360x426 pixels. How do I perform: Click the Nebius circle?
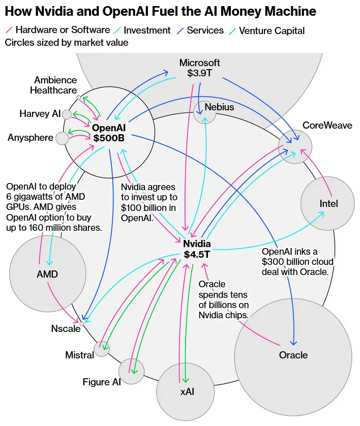204,113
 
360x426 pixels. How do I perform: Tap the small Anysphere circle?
62,138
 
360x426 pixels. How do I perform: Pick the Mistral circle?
101,349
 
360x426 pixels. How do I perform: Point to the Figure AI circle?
132,371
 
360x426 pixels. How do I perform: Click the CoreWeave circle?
296,146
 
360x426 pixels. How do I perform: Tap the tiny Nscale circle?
82,323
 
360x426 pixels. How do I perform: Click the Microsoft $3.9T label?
200,68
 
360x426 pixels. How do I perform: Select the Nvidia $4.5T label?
197,249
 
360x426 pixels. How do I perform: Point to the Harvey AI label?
40,113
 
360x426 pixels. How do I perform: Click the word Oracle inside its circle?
293,355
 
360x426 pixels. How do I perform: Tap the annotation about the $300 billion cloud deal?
297,262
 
